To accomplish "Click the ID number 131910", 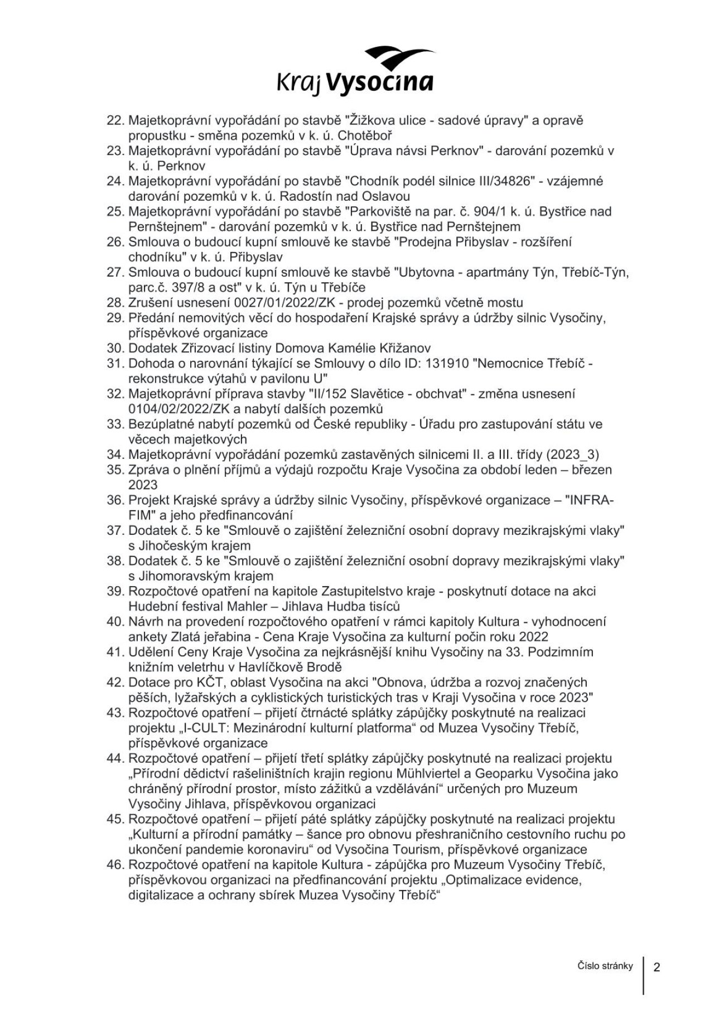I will [448, 364].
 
